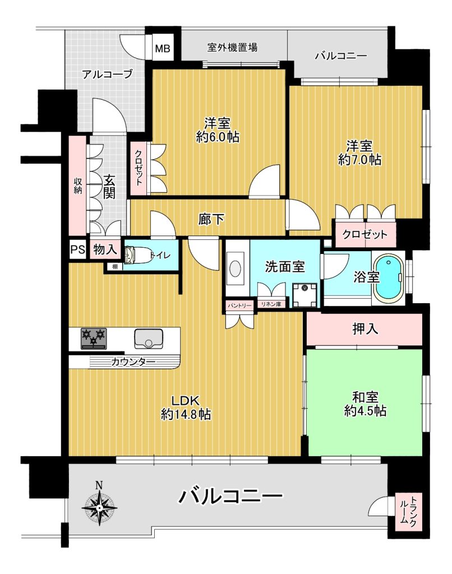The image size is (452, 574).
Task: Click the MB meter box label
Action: (163, 48)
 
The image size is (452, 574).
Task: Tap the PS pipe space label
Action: (77, 249)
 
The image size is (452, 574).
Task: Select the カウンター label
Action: (133, 362)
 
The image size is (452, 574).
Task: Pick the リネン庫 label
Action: (271, 304)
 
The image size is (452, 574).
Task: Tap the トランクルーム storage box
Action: (408, 512)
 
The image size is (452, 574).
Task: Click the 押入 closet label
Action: (365, 328)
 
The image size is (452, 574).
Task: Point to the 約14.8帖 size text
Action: (186, 414)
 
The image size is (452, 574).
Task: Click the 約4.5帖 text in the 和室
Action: (365, 410)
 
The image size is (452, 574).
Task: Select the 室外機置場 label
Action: (232, 47)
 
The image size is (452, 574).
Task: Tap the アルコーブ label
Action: (107, 75)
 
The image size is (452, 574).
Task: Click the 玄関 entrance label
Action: (109, 186)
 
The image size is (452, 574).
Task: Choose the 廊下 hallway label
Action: (211, 219)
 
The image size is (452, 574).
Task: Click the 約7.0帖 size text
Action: (359, 160)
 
